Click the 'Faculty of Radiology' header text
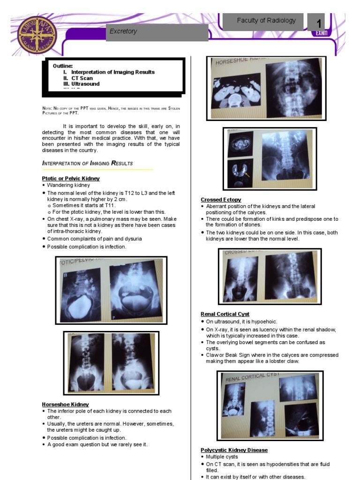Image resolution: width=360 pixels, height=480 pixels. pos(266,20)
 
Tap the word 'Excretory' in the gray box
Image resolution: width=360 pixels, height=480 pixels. pos(123,31)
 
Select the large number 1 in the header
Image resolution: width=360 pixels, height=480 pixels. pos(319,23)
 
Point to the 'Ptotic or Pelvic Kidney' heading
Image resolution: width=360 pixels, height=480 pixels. pos(71,179)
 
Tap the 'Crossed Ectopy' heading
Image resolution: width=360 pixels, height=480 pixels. pos(221,200)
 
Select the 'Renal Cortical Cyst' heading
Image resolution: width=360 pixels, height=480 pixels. pos(225,314)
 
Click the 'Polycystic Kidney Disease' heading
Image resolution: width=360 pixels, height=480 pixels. pos(234,450)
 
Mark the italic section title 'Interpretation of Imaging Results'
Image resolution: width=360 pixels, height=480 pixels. pos(88,163)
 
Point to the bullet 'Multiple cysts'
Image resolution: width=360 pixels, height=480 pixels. pos(222,457)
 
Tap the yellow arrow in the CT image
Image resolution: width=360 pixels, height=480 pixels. pos(247,175)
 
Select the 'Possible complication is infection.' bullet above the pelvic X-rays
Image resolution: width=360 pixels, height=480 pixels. pos(87,247)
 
